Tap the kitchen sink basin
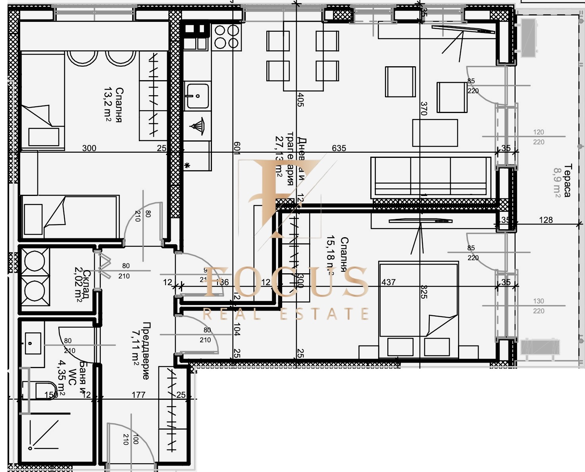coord(196,95)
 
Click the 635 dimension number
coord(339,148)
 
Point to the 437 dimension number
coord(389,282)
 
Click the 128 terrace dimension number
coord(546,220)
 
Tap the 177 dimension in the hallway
coord(139,395)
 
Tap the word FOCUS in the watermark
coord(286,282)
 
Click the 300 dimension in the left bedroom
coord(89,148)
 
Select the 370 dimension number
coord(424,108)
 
